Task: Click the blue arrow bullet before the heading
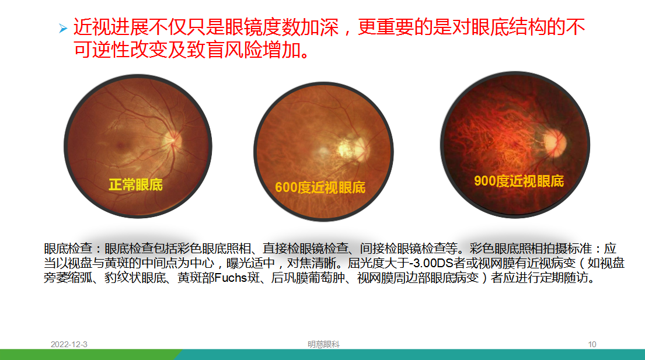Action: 63,29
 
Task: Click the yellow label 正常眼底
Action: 136,184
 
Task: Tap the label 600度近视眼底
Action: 320,187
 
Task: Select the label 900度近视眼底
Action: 519,181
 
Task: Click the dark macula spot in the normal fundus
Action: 121,145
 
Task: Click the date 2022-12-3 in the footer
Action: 69,344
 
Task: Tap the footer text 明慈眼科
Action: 324,344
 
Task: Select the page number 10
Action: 592,344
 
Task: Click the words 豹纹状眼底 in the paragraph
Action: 135,278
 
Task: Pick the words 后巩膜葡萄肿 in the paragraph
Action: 308,278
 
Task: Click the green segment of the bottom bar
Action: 89,355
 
